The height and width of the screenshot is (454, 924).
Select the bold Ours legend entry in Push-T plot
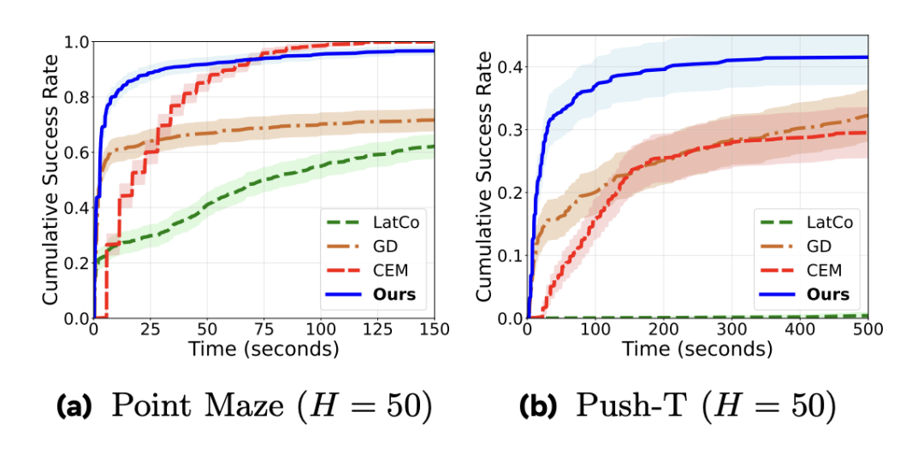tap(826, 294)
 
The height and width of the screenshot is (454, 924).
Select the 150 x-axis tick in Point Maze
tap(435, 332)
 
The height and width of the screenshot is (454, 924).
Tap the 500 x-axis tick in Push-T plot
tap(867, 332)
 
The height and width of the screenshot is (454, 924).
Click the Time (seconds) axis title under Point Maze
tap(264, 349)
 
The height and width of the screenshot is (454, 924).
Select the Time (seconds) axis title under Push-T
tap(697, 349)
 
